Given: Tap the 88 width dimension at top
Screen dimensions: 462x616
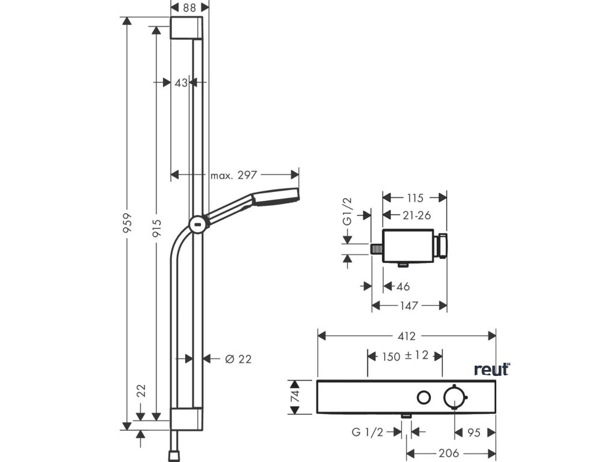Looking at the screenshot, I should (189, 7).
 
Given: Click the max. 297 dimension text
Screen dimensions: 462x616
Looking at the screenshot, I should (234, 175).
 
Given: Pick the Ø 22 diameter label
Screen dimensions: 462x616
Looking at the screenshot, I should (238, 359).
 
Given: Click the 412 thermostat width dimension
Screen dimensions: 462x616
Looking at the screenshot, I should (407, 335).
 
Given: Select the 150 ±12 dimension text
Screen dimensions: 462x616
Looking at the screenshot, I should (405, 356).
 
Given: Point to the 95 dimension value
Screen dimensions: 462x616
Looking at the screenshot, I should (474, 432).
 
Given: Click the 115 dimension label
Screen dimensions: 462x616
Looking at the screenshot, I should (415, 197).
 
